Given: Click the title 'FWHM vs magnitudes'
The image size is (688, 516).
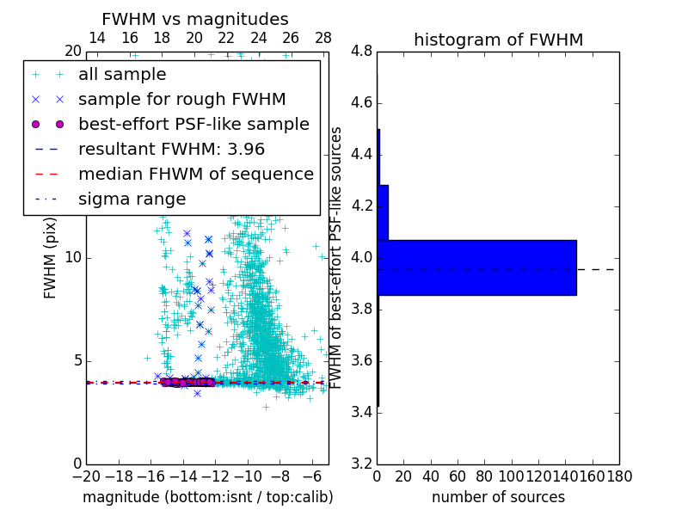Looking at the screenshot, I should click(195, 19).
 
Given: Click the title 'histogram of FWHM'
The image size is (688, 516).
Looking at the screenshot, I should click(498, 40).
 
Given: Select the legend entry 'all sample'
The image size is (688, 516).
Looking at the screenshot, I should click(122, 75).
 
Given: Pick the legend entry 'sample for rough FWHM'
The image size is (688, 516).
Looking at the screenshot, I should click(181, 100).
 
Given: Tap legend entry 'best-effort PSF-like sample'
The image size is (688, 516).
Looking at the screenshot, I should click(193, 125).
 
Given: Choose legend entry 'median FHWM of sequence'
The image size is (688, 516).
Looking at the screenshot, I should click(195, 175).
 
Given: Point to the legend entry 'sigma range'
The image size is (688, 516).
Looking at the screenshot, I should click(132, 200).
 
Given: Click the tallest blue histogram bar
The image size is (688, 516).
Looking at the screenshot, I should click(476, 267).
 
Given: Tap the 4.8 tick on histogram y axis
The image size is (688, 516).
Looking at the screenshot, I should click(362, 52).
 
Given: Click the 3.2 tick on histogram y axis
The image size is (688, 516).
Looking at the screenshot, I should click(362, 464).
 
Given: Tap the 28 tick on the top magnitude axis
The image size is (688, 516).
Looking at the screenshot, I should click(323, 39).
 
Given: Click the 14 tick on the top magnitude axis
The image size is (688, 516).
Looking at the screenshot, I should click(98, 39).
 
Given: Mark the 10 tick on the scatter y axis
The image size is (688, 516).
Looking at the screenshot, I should click(73, 258).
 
